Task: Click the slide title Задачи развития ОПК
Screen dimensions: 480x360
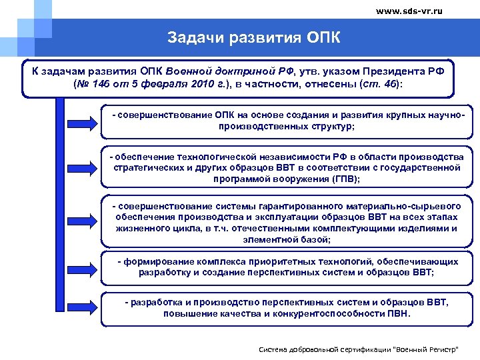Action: tap(254, 37)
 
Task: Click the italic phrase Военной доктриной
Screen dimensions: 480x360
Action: tap(204, 71)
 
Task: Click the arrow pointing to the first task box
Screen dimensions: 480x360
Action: tap(83, 121)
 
